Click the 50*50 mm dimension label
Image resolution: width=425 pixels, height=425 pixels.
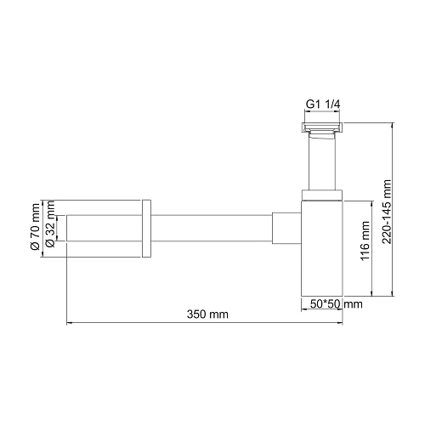pos(333,303)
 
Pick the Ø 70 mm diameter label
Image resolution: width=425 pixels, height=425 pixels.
pos(35,226)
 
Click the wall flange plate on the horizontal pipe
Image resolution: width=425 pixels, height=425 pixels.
pos(146,227)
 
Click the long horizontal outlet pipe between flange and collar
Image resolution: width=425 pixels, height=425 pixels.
pos(212,227)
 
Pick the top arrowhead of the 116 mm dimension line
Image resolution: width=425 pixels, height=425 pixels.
pos(371,203)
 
